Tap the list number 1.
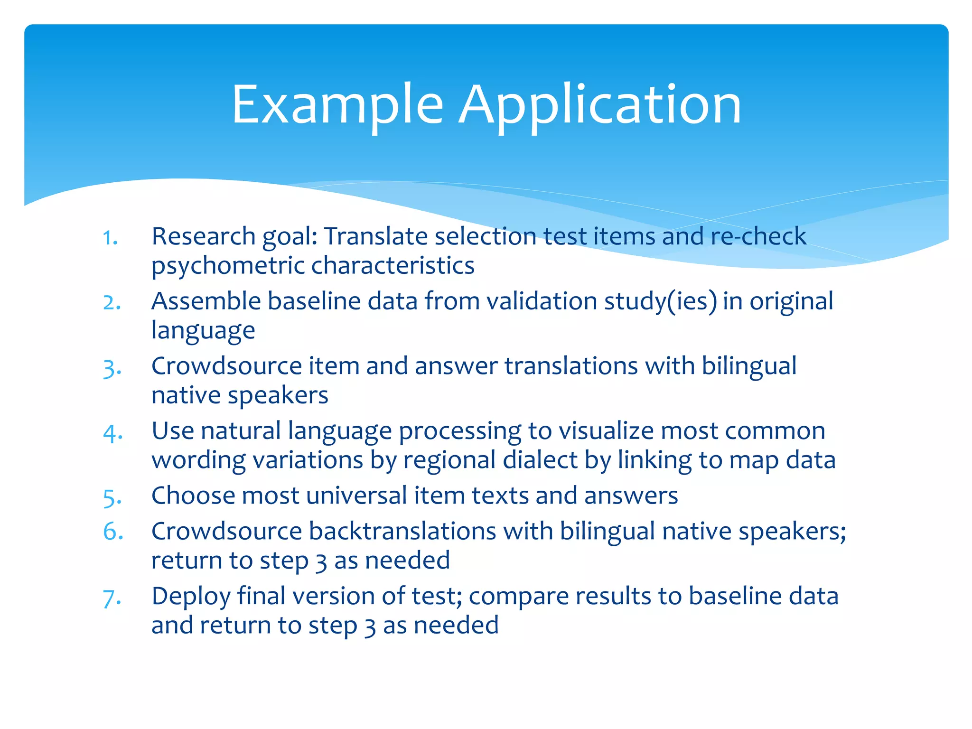coord(110,238)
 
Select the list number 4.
coord(113,433)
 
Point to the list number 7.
coord(112,598)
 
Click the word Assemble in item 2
coord(206,301)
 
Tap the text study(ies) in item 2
coord(660,301)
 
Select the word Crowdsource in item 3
coord(226,366)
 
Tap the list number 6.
coord(113,532)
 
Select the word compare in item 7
coord(518,596)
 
